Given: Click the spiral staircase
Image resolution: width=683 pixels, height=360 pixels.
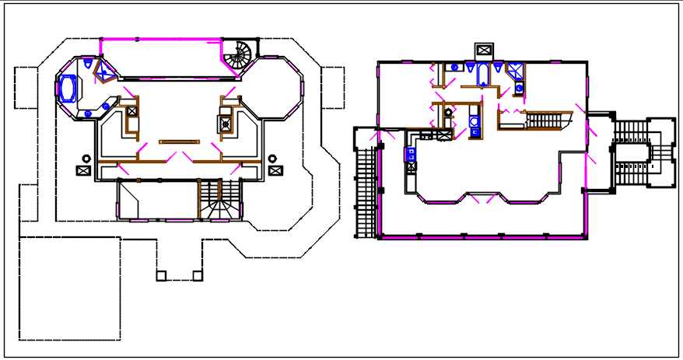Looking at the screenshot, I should click(x=240, y=53).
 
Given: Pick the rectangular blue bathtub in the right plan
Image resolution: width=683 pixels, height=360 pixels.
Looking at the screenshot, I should click(x=482, y=75).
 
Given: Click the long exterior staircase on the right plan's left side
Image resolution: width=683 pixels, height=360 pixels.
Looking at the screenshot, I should click(x=363, y=193).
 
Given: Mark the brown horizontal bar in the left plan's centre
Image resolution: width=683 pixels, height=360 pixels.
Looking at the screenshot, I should click(x=180, y=142).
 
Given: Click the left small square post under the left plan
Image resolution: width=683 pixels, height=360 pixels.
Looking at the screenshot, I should click(x=161, y=275).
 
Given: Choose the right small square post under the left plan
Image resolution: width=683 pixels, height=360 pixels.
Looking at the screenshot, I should click(x=197, y=275).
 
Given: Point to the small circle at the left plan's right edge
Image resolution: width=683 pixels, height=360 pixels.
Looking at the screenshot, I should click(x=273, y=159).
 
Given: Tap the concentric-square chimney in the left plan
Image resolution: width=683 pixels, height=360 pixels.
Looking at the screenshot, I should click(x=226, y=121).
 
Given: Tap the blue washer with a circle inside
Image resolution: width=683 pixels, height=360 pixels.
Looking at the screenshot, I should click(x=474, y=122).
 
